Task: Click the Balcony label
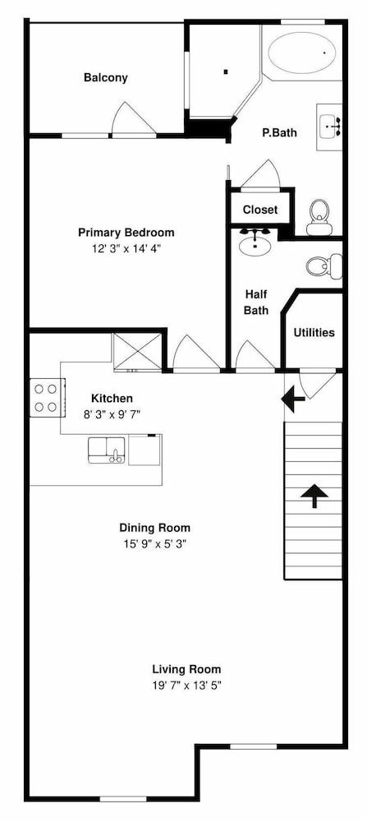point(106,77)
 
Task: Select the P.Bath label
point(279,132)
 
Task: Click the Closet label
point(260,210)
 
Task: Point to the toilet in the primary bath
point(318,218)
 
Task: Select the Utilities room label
point(314,332)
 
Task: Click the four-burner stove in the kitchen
point(47,397)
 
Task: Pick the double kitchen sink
point(106,450)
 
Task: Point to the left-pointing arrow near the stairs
point(293,399)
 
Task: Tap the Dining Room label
point(155,528)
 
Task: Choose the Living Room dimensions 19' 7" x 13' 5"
point(186,686)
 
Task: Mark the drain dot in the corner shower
point(226,72)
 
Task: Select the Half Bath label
point(256,302)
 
